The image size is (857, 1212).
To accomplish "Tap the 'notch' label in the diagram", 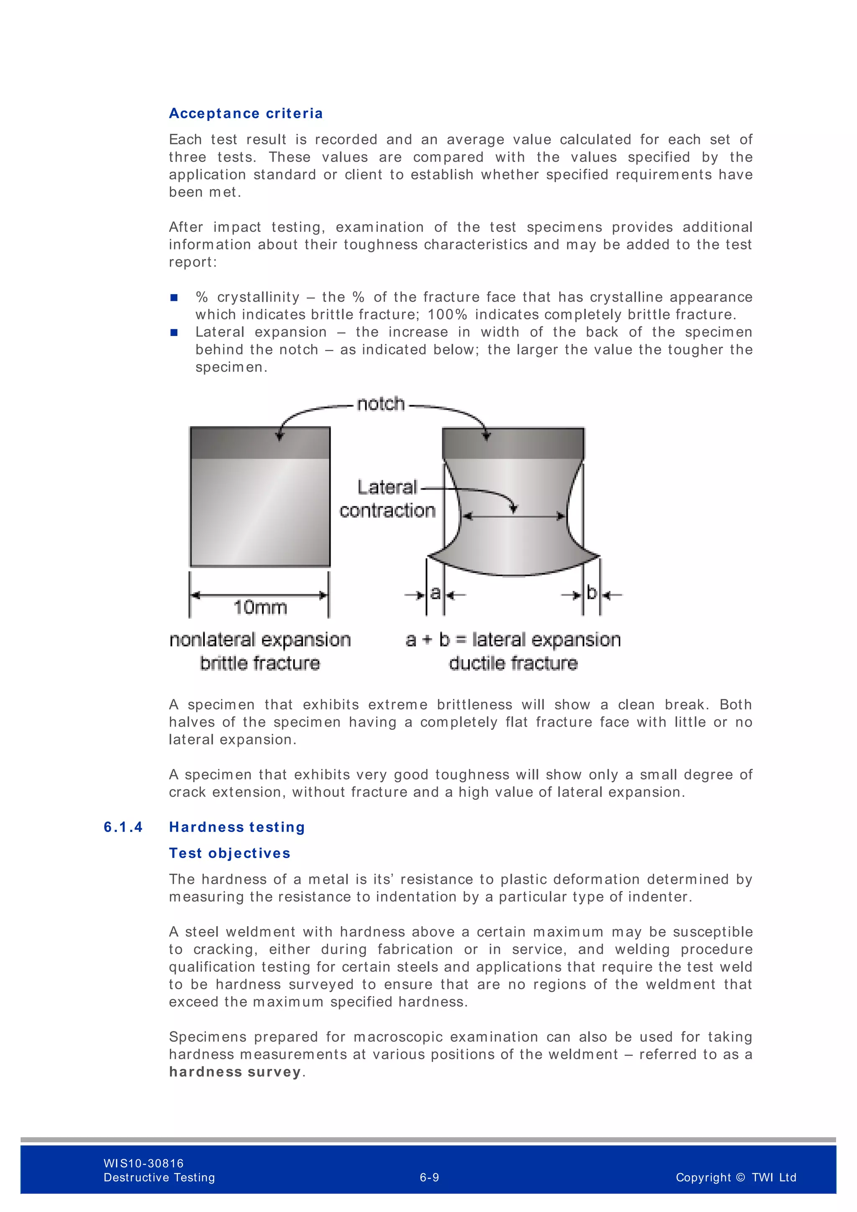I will coord(380,404).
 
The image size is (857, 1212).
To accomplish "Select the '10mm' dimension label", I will coord(260,607).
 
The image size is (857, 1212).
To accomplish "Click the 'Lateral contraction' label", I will coord(387,499).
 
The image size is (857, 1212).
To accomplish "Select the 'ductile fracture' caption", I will coord(513,663).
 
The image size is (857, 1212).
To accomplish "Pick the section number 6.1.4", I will coord(123,827).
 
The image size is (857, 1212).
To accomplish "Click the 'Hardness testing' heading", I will coord(237,827).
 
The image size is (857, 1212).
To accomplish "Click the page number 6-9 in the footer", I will coord(429,1178).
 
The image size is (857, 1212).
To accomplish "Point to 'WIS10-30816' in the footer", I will coord(144,1163).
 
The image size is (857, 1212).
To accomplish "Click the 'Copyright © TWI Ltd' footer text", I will coord(736,1178).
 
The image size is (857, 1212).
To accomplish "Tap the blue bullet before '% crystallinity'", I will coord(174,298).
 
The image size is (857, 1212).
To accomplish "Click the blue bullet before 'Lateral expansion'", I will coord(174,333).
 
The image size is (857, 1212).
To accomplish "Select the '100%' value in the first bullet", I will coord(447,315).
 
